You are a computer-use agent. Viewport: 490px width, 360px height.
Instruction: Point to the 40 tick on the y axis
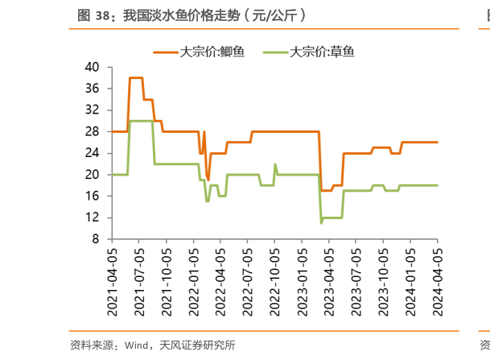pyautogui.click(x=93, y=66)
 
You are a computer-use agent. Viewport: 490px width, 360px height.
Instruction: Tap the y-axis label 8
pyautogui.click(x=96, y=239)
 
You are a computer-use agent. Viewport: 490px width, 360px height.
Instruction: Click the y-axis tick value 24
pyautogui.click(x=93, y=152)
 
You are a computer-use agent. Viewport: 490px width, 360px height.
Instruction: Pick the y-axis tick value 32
pyautogui.click(x=93, y=110)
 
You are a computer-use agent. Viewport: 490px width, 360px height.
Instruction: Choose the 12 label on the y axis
pyautogui.click(x=93, y=217)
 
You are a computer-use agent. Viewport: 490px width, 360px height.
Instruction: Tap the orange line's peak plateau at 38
pyautogui.click(x=136, y=77)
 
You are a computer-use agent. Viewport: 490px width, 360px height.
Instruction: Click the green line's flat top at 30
pyautogui.click(x=142, y=121)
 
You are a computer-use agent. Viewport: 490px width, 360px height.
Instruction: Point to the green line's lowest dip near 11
pyautogui.click(x=321, y=222)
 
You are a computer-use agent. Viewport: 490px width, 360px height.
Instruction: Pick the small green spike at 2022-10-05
pyautogui.click(x=275, y=164)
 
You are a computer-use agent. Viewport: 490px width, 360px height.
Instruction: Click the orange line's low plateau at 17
pyautogui.click(x=326, y=190)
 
